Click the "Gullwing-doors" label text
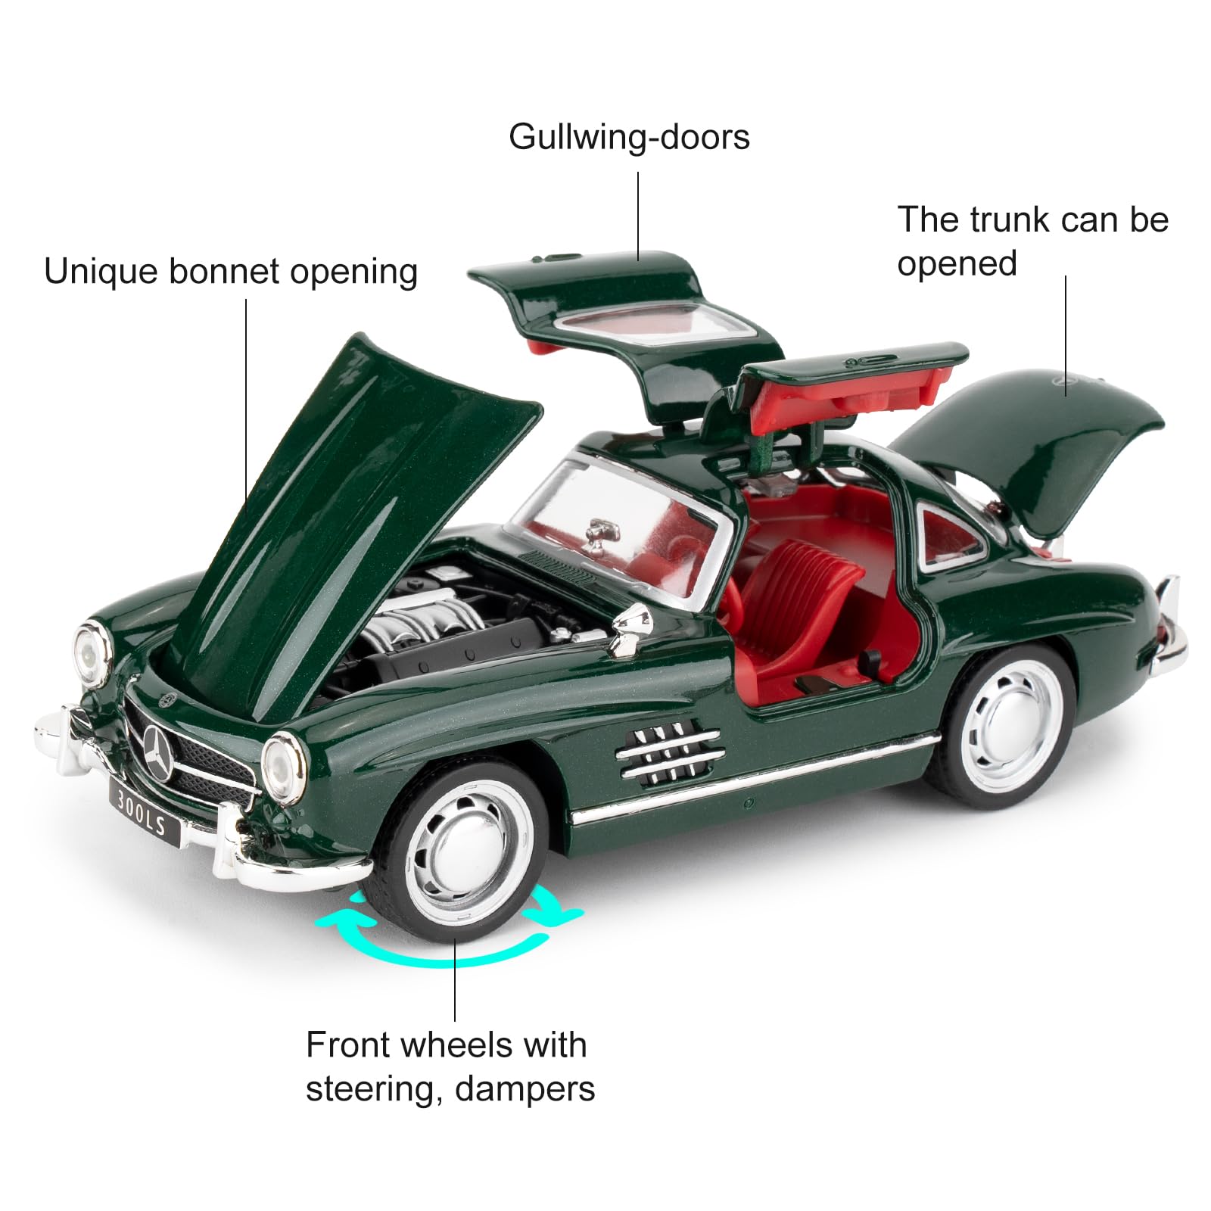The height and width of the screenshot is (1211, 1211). coord(629,138)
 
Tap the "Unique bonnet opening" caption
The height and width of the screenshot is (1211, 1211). coord(231,272)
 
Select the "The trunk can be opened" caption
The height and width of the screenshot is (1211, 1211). coord(1033,241)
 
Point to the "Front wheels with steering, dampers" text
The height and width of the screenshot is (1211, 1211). coord(450,1066)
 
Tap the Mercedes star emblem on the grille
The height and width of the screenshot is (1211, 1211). coord(160,752)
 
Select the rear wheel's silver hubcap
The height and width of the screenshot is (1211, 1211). coord(1007,719)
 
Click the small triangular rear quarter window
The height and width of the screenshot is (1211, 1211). coord(952,534)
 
